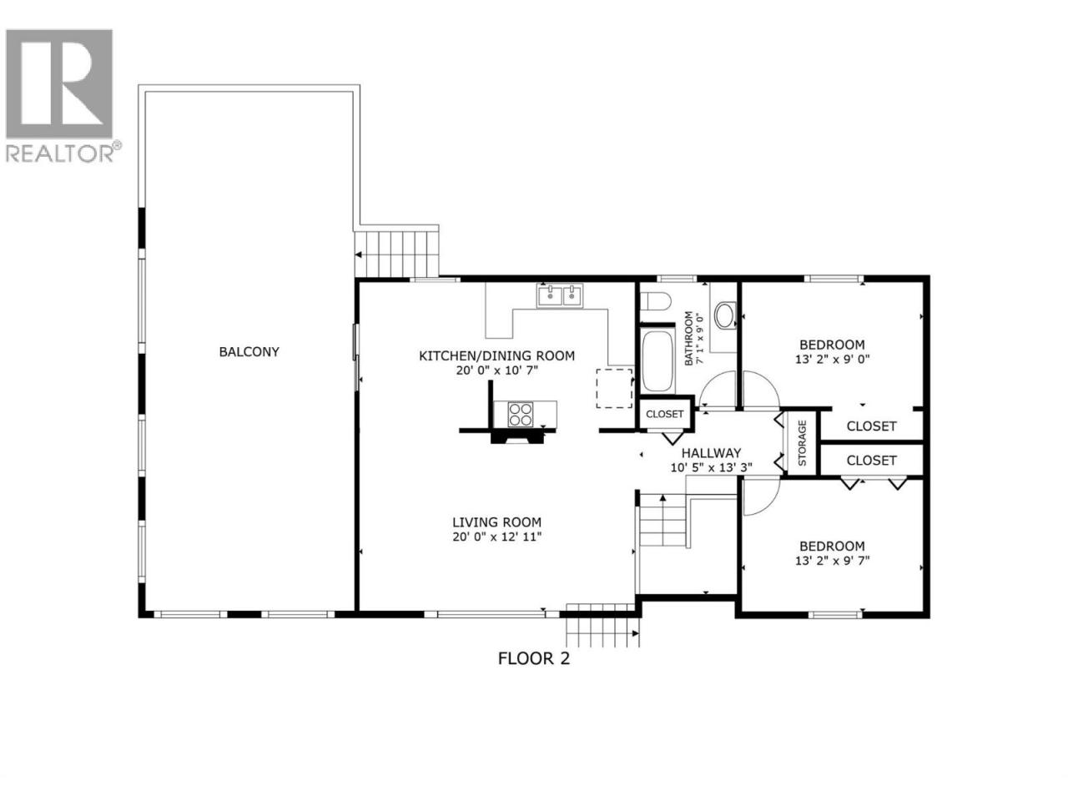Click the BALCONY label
tap(249, 351)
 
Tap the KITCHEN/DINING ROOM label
tap(496, 356)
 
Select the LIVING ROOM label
tap(496, 522)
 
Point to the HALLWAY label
tap(711, 453)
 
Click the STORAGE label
tap(803, 443)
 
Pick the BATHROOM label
tap(688, 339)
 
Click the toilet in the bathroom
tap(655, 301)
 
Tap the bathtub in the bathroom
tap(657, 360)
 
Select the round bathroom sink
tap(725, 315)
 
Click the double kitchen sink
tap(560, 295)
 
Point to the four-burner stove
tap(520, 415)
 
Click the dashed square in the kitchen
tap(614, 388)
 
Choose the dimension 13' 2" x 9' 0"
tap(833, 360)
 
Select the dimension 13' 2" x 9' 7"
tap(833, 561)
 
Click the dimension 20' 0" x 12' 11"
tap(496, 537)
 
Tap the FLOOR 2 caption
tap(534, 658)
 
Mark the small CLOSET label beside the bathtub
tap(665, 415)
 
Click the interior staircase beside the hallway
tap(662, 519)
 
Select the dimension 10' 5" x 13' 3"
tap(711, 468)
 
